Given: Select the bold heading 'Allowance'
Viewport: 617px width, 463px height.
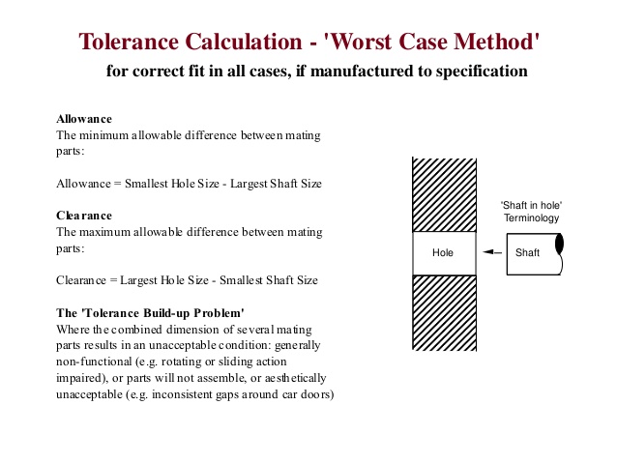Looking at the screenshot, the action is (x=84, y=119).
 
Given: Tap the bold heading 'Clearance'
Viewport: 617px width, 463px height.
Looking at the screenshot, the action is (x=84, y=216).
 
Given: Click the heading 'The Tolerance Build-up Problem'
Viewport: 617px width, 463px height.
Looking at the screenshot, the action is (x=150, y=312).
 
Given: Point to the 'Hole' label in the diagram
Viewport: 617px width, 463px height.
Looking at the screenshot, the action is (x=443, y=253).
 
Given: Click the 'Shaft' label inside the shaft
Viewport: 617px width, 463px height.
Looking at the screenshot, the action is (x=528, y=253).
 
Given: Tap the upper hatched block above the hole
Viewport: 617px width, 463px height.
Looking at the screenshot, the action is (x=444, y=193).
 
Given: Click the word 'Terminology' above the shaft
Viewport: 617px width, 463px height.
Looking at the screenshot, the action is (x=531, y=219).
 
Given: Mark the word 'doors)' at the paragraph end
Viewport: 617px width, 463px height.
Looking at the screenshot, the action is (x=315, y=393).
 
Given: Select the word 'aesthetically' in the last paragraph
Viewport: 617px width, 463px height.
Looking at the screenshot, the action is (x=293, y=377).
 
